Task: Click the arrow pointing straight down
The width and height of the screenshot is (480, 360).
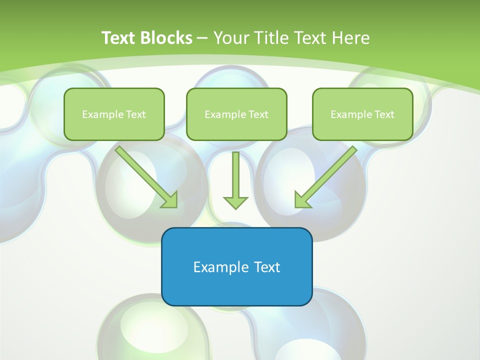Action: pos(235,177)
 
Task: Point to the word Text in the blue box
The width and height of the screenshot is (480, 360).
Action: pos(267,267)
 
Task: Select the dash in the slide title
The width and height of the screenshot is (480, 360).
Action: pos(202,38)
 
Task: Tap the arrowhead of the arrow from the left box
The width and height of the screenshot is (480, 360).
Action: pos(170,200)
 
